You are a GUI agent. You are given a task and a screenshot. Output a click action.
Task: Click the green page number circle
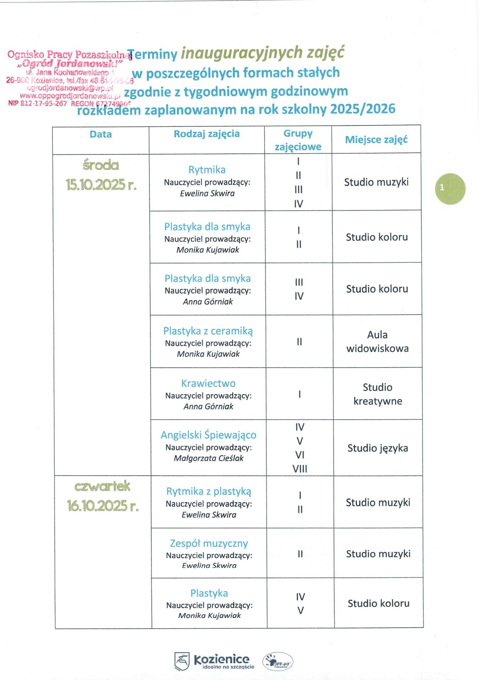tap(450, 188)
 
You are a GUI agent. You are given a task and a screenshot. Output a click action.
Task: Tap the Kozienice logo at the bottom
tap(212, 661)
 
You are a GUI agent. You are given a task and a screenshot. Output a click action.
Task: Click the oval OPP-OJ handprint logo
tap(278, 661)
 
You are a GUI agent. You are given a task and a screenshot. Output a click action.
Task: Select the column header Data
tap(101, 134)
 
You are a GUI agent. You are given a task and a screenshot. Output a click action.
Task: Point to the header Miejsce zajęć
tap(376, 140)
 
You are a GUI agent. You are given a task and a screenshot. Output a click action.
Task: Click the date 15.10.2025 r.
tap(101, 185)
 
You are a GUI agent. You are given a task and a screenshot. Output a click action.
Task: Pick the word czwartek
tap(102, 486)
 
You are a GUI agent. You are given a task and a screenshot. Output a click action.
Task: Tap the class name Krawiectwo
tap(208, 383)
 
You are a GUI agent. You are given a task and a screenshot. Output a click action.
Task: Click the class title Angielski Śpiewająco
tap(209, 435)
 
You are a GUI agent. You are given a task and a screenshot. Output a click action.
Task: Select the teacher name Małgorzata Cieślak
tap(209, 458)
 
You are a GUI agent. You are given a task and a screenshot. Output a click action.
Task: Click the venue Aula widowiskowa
tap(377, 341)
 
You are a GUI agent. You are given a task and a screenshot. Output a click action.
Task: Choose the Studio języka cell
tap(377, 448)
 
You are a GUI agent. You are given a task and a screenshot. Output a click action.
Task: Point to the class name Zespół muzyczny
tap(209, 543)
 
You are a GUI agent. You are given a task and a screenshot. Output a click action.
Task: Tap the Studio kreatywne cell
tap(377, 394)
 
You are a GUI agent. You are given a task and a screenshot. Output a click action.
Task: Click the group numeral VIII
tap(300, 469)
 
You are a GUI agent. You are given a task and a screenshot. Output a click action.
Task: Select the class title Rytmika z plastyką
tap(209, 491)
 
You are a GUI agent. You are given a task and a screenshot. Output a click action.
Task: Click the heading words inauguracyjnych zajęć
tap(262, 53)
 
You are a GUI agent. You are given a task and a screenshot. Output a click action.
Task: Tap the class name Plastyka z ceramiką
tap(208, 331)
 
